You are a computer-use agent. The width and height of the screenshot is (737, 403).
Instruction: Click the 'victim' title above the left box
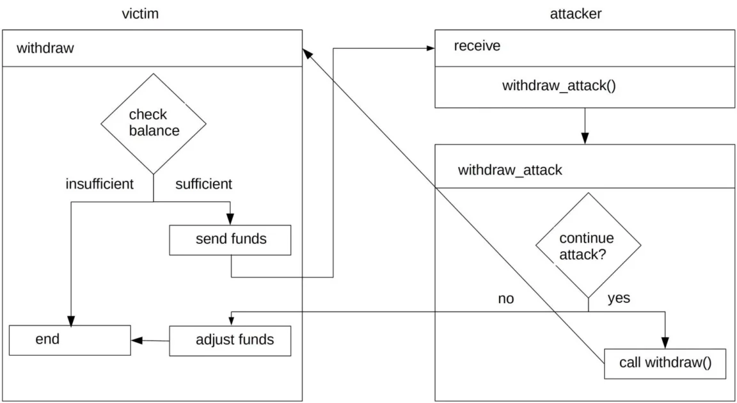click(x=140, y=14)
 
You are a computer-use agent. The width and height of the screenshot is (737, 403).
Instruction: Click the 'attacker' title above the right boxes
click(x=576, y=14)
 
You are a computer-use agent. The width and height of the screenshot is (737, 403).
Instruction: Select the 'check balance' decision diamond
click(x=154, y=123)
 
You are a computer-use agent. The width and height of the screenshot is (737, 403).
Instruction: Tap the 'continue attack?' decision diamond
click(x=587, y=246)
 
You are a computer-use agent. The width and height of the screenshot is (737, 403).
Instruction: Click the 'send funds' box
click(x=230, y=240)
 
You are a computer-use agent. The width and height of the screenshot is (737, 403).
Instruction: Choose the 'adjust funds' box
click(x=230, y=340)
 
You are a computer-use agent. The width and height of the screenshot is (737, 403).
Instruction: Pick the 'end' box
click(x=70, y=340)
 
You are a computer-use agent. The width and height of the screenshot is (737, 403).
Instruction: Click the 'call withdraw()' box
click(x=665, y=363)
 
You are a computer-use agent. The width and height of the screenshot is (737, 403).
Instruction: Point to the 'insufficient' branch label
click(x=99, y=184)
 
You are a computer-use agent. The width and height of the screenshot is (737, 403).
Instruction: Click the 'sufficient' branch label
click(x=203, y=184)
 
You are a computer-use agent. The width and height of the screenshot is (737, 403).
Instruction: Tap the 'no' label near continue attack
click(x=505, y=299)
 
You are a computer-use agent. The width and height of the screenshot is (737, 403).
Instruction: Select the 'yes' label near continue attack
click(x=618, y=298)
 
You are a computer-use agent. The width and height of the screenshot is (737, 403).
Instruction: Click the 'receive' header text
click(x=477, y=46)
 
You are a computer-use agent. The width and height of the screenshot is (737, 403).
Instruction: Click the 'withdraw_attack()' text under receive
click(x=559, y=86)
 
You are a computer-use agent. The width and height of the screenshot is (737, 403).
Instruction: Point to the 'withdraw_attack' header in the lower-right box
click(x=510, y=170)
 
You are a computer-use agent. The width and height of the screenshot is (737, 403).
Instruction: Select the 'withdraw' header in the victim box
click(x=45, y=48)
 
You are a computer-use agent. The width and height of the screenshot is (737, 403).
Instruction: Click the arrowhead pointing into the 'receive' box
click(x=431, y=47)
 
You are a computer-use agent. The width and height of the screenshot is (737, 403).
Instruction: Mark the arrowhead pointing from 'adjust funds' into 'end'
click(x=136, y=340)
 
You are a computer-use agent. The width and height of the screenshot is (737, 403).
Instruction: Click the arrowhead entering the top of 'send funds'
click(x=230, y=219)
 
